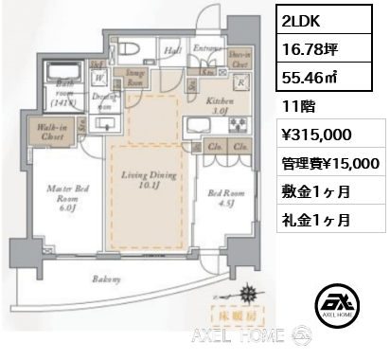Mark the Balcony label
pyautogui.click(x=107, y=279)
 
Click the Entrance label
pyautogui.click(x=206, y=46)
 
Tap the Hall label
pyautogui.click(x=173, y=52)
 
